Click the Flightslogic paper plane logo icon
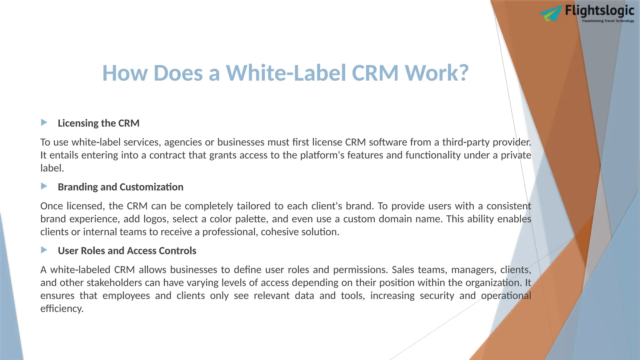[x=551, y=14]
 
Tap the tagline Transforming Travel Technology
[x=608, y=21]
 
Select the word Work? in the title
[x=437, y=73]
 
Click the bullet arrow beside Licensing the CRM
[x=44, y=122]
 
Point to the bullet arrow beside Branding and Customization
[x=44, y=186]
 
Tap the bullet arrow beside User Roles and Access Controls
[x=44, y=250]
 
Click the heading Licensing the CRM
[x=98, y=123]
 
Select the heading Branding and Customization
[x=120, y=187]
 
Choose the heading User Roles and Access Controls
[x=127, y=251]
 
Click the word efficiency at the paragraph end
[x=62, y=309]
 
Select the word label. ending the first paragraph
[x=52, y=168]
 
